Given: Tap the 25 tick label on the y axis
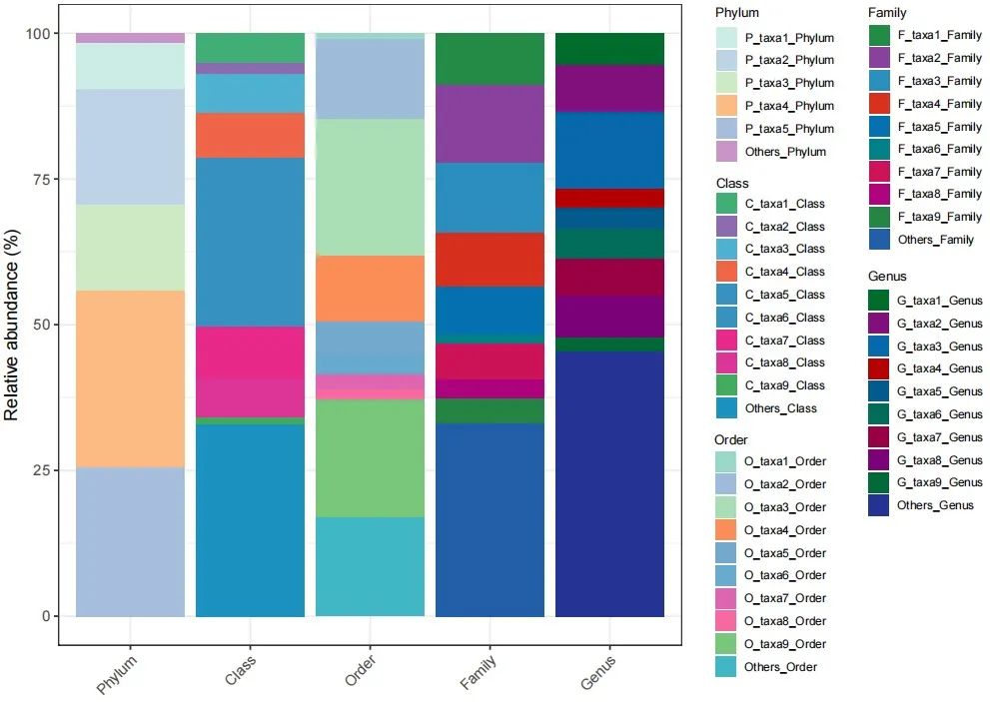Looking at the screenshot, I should point(38,470).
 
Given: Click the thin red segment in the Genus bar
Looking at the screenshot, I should point(609,198).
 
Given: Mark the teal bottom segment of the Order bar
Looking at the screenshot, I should point(370,565).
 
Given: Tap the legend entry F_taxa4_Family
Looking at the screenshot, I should point(938,104).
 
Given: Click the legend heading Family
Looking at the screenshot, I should point(887,13).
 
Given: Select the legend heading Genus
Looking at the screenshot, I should point(887,276).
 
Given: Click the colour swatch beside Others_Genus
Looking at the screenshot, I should point(880,505).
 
